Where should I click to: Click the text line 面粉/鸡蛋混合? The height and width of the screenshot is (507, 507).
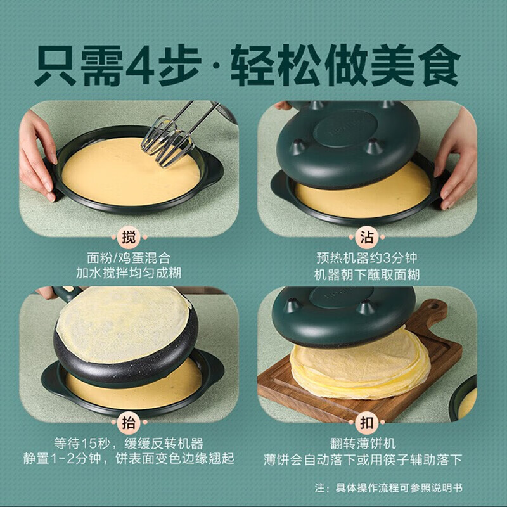tap(129, 258)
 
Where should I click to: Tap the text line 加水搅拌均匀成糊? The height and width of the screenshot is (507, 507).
tap(129, 275)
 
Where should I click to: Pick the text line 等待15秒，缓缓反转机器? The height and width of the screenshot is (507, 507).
tap(129, 444)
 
